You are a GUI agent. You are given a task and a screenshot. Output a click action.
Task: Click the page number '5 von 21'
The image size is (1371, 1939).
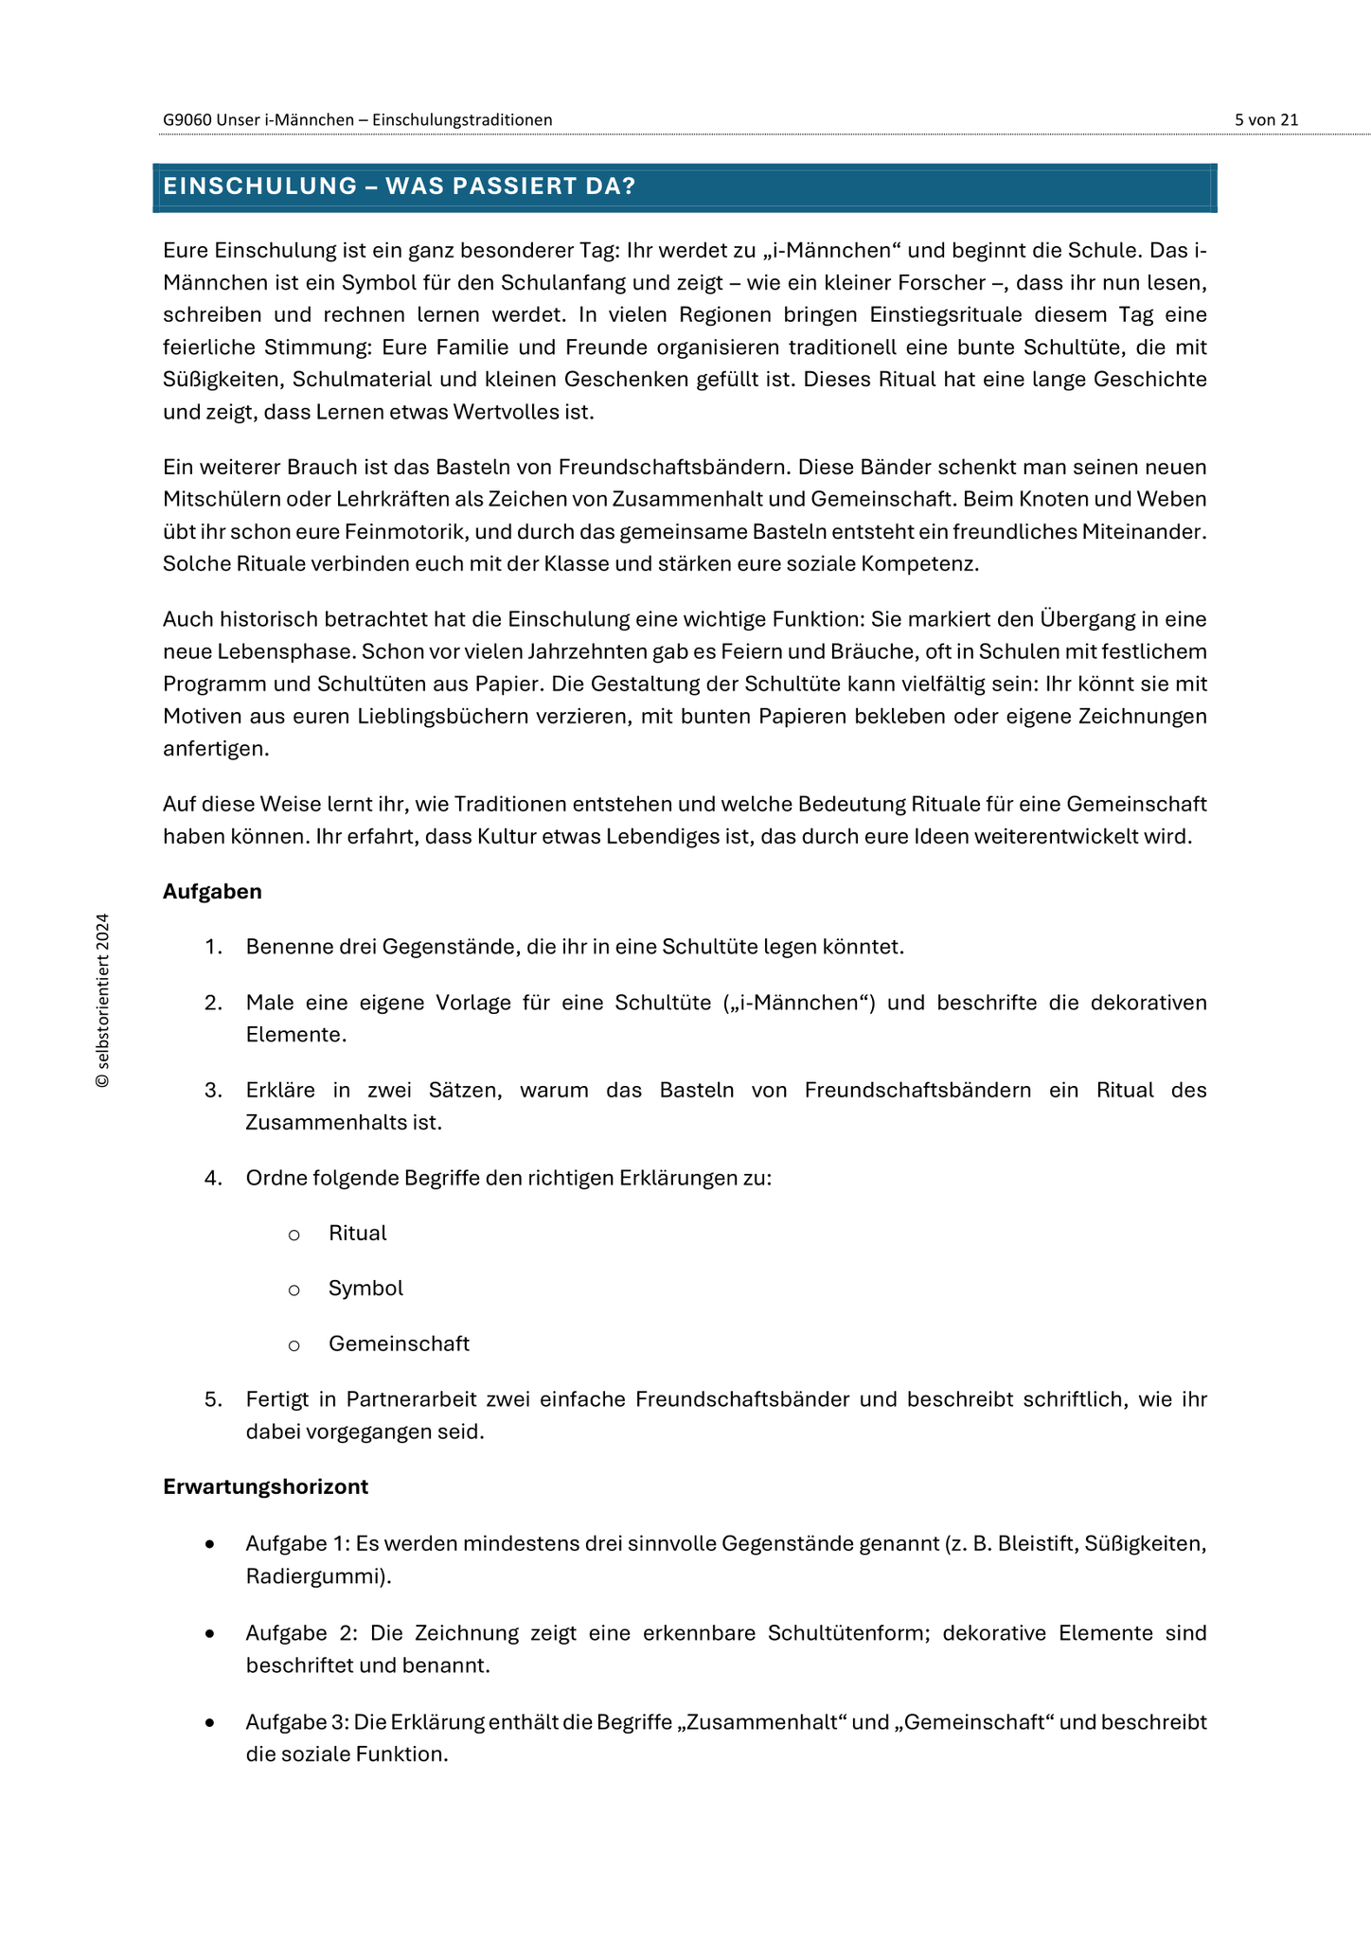pos(1266,119)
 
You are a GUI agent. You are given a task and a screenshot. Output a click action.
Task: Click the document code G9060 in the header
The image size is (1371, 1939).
pos(187,119)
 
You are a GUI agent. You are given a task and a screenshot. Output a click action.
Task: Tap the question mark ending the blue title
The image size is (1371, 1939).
pos(630,187)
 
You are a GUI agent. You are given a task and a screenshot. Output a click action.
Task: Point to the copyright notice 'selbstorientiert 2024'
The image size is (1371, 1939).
pos(103,1000)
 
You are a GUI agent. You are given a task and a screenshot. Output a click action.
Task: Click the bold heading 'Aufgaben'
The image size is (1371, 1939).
pos(212,891)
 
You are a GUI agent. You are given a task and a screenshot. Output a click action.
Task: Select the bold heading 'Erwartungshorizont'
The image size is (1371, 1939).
pos(265,1486)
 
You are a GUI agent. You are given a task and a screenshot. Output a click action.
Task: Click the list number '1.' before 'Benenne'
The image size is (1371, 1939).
pos(213,947)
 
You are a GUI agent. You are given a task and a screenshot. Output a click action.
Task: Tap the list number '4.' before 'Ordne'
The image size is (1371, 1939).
pos(213,1178)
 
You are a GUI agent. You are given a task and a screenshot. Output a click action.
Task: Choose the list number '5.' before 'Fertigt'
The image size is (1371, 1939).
pos(213,1399)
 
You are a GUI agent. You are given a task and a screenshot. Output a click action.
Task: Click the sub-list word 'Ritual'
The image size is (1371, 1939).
pos(357,1233)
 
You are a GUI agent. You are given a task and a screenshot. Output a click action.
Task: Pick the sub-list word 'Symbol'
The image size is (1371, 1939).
pos(365,1289)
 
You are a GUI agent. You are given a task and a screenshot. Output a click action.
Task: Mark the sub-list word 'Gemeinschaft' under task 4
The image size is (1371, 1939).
pos(399,1343)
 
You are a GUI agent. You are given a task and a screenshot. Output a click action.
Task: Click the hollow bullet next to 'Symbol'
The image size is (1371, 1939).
pos(294,1290)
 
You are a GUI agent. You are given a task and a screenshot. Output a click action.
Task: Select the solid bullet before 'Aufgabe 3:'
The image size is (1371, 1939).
pos(209,1723)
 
